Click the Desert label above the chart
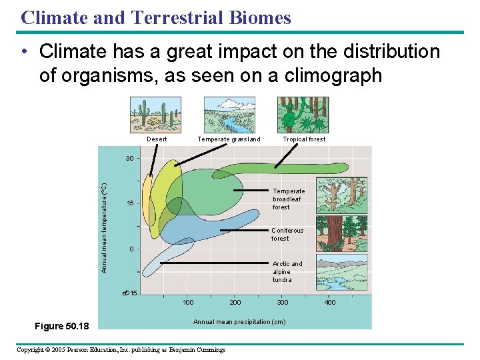click(x=157, y=139)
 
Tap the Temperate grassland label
click(x=229, y=139)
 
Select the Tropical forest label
click(x=304, y=139)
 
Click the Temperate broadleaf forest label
click(x=289, y=199)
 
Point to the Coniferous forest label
click(x=287, y=234)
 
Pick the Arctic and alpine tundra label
click(x=287, y=271)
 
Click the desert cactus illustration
click(x=156, y=115)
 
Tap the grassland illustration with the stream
click(x=229, y=115)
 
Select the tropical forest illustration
click(x=303, y=115)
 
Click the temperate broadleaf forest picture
click(x=341, y=195)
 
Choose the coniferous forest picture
click(x=341, y=234)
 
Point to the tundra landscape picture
click(x=341, y=273)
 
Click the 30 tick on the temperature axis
click(x=130, y=159)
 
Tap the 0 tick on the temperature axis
click(x=132, y=249)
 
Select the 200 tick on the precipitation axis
click(x=235, y=303)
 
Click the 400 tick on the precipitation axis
click(x=330, y=303)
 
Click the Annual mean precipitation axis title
click(x=239, y=322)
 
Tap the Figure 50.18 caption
click(x=66, y=326)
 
